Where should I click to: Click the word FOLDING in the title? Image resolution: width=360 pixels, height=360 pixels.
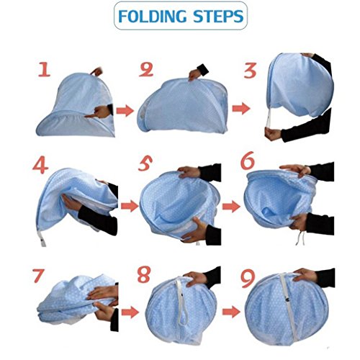click(153, 17)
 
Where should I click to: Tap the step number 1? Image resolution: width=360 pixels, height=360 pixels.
click(45, 69)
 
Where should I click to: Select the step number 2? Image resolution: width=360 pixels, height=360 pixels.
click(146, 69)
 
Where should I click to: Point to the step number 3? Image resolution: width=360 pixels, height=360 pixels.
click(251, 71)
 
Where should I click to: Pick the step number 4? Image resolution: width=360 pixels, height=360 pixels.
click(40, 165)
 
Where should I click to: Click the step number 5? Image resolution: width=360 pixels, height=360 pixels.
click(145, 163)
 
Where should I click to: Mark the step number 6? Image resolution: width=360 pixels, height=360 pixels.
click(248, 160)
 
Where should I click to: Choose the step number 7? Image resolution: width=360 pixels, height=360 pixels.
click(39, 276)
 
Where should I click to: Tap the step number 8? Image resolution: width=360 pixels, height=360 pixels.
click(144, 274)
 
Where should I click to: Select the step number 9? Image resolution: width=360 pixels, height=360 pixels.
click(248, 279)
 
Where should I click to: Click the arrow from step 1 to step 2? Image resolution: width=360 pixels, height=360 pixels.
click(125, 111)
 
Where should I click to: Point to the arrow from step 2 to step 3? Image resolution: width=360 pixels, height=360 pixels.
click(241, 109)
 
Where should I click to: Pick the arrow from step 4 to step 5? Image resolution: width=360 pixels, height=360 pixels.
click(130, 206)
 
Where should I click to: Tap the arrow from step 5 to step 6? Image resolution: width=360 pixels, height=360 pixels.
click(231, 207)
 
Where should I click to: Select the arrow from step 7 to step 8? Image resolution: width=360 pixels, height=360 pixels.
click(130, 312)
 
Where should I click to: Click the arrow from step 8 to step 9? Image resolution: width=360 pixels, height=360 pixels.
click(231, 312)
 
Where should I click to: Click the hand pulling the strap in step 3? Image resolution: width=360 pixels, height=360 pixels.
click(273, 134)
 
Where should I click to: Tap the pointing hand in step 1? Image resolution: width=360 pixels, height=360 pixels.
click(99, 112)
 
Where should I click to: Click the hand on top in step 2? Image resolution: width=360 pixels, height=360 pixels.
click(195, 74)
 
